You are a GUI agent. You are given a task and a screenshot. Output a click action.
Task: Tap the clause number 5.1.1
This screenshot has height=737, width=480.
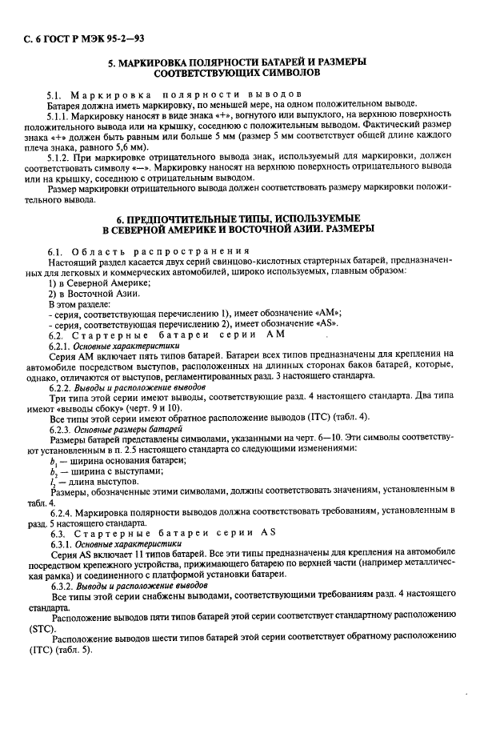[61, 114]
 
